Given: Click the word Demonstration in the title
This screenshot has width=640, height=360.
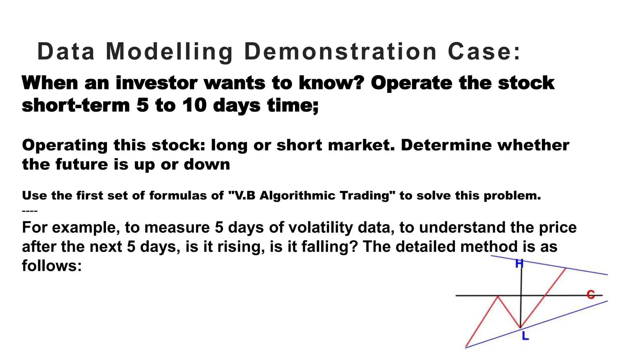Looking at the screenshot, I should (x=340, y=52).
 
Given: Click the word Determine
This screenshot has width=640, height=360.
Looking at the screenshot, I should (x=446, y=145).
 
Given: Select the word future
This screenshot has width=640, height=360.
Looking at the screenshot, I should (x=82, y=164).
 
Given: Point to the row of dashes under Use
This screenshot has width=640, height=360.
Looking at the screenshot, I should (x=30, y=211).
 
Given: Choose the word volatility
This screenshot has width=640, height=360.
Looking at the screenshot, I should (x=320, y=227).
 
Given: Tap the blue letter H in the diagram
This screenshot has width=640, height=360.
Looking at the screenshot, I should (x=519, y=264).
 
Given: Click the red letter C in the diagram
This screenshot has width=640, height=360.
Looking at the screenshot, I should (x=590, y=294).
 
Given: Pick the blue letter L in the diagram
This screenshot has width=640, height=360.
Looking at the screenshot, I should (x=525, y=336).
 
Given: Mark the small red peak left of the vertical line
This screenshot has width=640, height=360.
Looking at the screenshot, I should (x=498, y=297).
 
